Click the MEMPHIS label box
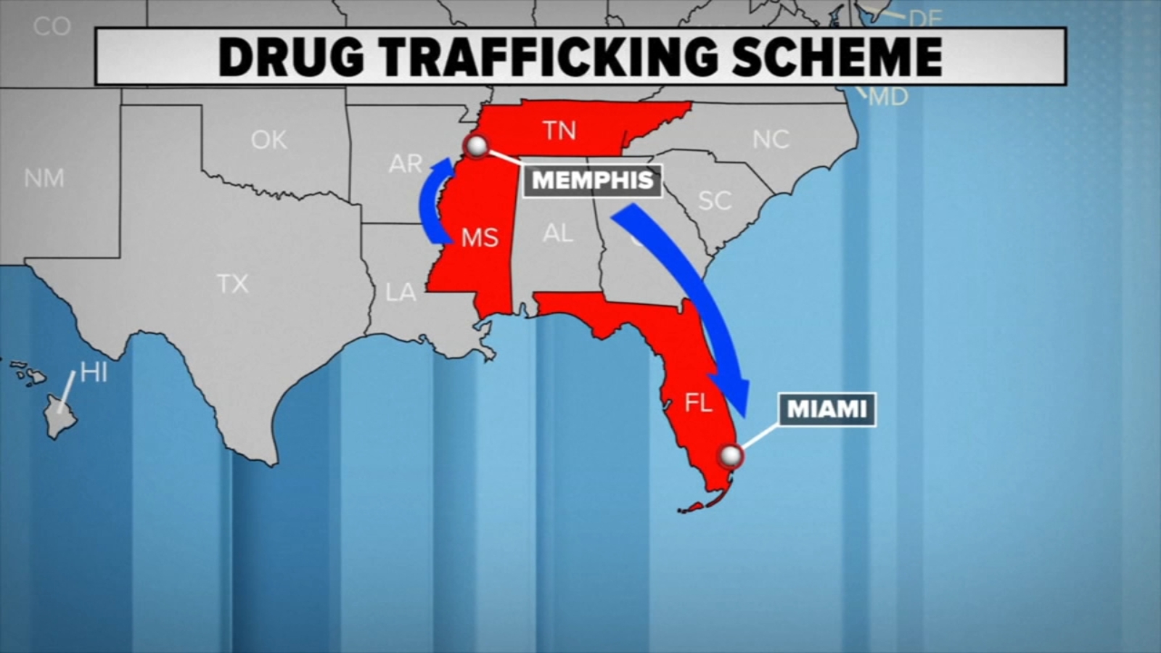pyautogui.click(x=592, y=181)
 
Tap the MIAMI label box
pyautogui.click(x=827, y=409)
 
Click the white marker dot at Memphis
pyautogui.click(x=477, y=146)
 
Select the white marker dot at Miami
pyautogui.click(x=731, y=456)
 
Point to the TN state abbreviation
pyautogui.click(x=559, y=131)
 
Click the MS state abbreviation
pyautogui.click(x=480, y=237)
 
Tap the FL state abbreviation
pyautogui.click(x=699, y=403)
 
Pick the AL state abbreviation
pyautogui.click(x=557, y=233)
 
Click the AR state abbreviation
pyautogui.click(x=405, y=164)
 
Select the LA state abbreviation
pyautogui.click(x=401, y=292)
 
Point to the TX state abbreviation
pyautogui.click(x=232, y=284)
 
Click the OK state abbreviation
pyautogui.click(x=268, y=139)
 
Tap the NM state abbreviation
pyautogui.click(x=44, y=178)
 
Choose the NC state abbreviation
pyautogui.click(x=771, y=139)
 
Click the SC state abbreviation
pyautogui.click(x=715, y=200)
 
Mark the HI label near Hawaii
pyautogui.click(x=94, y=372)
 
